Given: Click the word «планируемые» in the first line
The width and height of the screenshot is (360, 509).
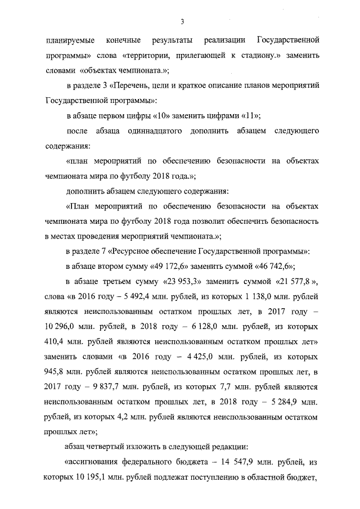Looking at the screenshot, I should tap(69, 42).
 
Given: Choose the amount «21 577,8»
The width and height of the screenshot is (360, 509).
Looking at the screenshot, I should tap(296, 281).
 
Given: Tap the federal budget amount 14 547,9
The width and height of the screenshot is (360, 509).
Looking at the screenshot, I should tap(227, 463).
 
